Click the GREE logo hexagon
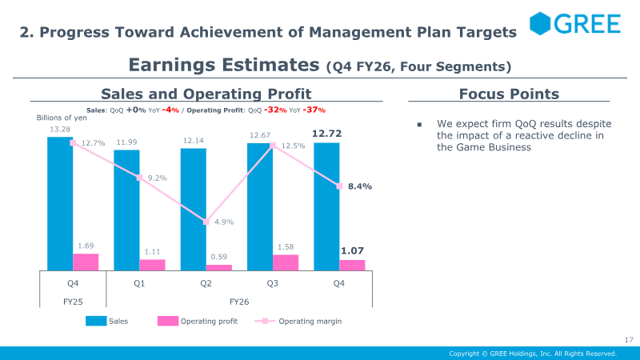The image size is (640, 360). [540, 23]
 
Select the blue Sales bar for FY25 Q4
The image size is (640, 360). [60, 204]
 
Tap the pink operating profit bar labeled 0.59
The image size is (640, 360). [218, 267]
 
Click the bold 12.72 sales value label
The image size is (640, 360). [326, 134]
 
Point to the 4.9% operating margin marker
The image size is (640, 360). [206, 222]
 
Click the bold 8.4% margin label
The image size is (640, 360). [359, 186]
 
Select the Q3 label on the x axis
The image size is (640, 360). [272, 283]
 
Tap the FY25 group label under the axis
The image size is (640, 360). [73, 302]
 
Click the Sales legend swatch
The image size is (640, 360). [96, 321]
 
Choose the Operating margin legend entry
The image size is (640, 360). [298, 322]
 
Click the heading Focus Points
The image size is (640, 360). [509, 94]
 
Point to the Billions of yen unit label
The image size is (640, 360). [62, 118]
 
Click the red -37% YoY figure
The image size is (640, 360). [314, 110]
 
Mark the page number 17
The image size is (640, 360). [629, 339]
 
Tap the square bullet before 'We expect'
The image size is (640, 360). [419, 125]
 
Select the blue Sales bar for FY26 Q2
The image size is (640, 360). [193, 210]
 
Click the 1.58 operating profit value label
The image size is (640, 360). [286, 247]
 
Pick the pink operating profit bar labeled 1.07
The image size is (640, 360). [352, 266]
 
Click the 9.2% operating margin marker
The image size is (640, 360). [139, 178]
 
